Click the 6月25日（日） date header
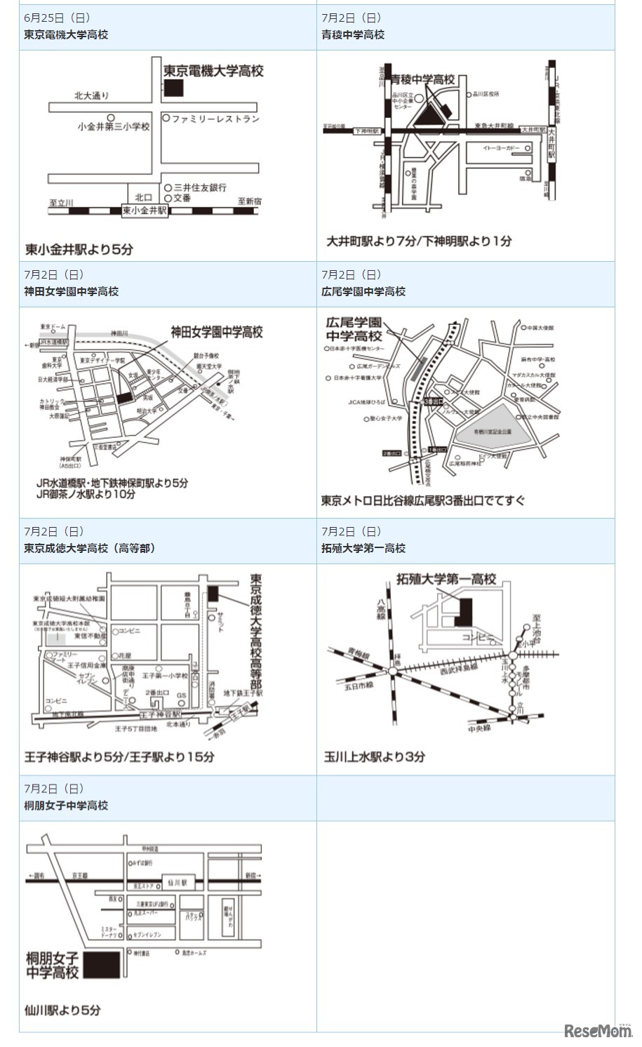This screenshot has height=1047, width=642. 57,18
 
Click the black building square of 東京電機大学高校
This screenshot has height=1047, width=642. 173,88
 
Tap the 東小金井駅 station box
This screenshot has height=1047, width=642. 145,211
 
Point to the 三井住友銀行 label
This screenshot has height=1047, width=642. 200,187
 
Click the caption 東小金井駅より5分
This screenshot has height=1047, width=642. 79,249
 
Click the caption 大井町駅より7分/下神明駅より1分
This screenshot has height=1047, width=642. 419,241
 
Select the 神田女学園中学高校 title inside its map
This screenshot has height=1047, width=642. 217,332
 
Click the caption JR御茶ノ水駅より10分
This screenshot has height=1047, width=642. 86,494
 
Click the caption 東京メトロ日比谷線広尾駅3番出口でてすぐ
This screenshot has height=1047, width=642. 423,500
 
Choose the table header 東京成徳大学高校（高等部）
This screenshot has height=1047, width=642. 90,548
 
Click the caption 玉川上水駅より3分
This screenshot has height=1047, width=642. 375,756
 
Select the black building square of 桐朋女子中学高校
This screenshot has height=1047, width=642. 102,965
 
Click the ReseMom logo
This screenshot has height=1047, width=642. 597,1031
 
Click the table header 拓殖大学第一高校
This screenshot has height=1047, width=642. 363,548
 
